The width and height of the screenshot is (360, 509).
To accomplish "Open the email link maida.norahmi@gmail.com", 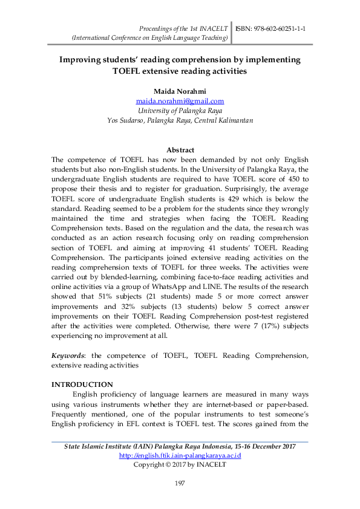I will point(180,101).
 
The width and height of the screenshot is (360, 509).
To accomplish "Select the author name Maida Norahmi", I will point(180,91).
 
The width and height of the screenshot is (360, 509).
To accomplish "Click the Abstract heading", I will point(180,150).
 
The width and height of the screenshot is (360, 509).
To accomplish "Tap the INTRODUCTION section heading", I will point(82,384).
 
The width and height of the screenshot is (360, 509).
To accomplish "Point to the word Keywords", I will point(67,356).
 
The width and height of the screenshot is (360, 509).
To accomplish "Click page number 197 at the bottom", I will point(180,482).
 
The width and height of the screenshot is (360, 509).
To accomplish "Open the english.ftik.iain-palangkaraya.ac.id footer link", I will point(180,455).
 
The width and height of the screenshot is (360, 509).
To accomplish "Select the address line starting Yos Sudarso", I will point(180,120).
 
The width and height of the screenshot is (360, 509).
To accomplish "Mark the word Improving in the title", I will point(80,60).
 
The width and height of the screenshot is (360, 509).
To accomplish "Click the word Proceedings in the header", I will point(158,28).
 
